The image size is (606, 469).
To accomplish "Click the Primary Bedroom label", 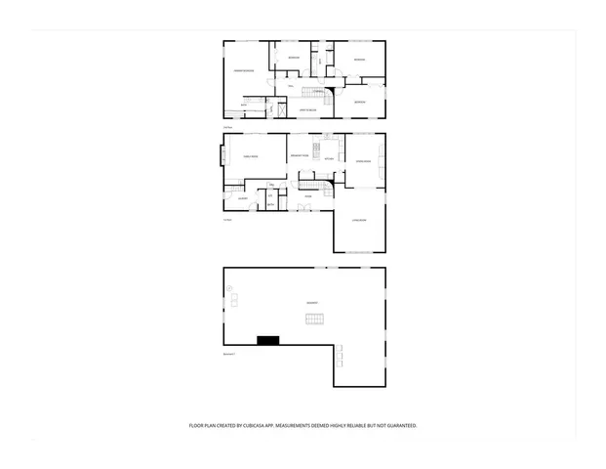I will (243, 71).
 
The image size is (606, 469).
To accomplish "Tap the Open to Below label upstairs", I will (305, 109).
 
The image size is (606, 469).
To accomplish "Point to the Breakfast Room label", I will (299, 156).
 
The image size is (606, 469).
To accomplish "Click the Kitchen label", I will (329, 159).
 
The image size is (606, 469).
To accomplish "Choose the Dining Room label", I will (360, 161).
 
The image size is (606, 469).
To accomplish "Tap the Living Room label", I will (359, 220).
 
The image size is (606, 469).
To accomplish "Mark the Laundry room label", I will (242, 198).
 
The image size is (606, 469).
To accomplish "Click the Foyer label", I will (308, 196).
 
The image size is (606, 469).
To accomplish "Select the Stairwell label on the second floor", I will (318, 92).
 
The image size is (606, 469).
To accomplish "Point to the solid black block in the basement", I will (267, 339).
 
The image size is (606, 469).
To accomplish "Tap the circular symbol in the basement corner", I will (230, 288).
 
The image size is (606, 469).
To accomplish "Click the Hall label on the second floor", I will (291, 87).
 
